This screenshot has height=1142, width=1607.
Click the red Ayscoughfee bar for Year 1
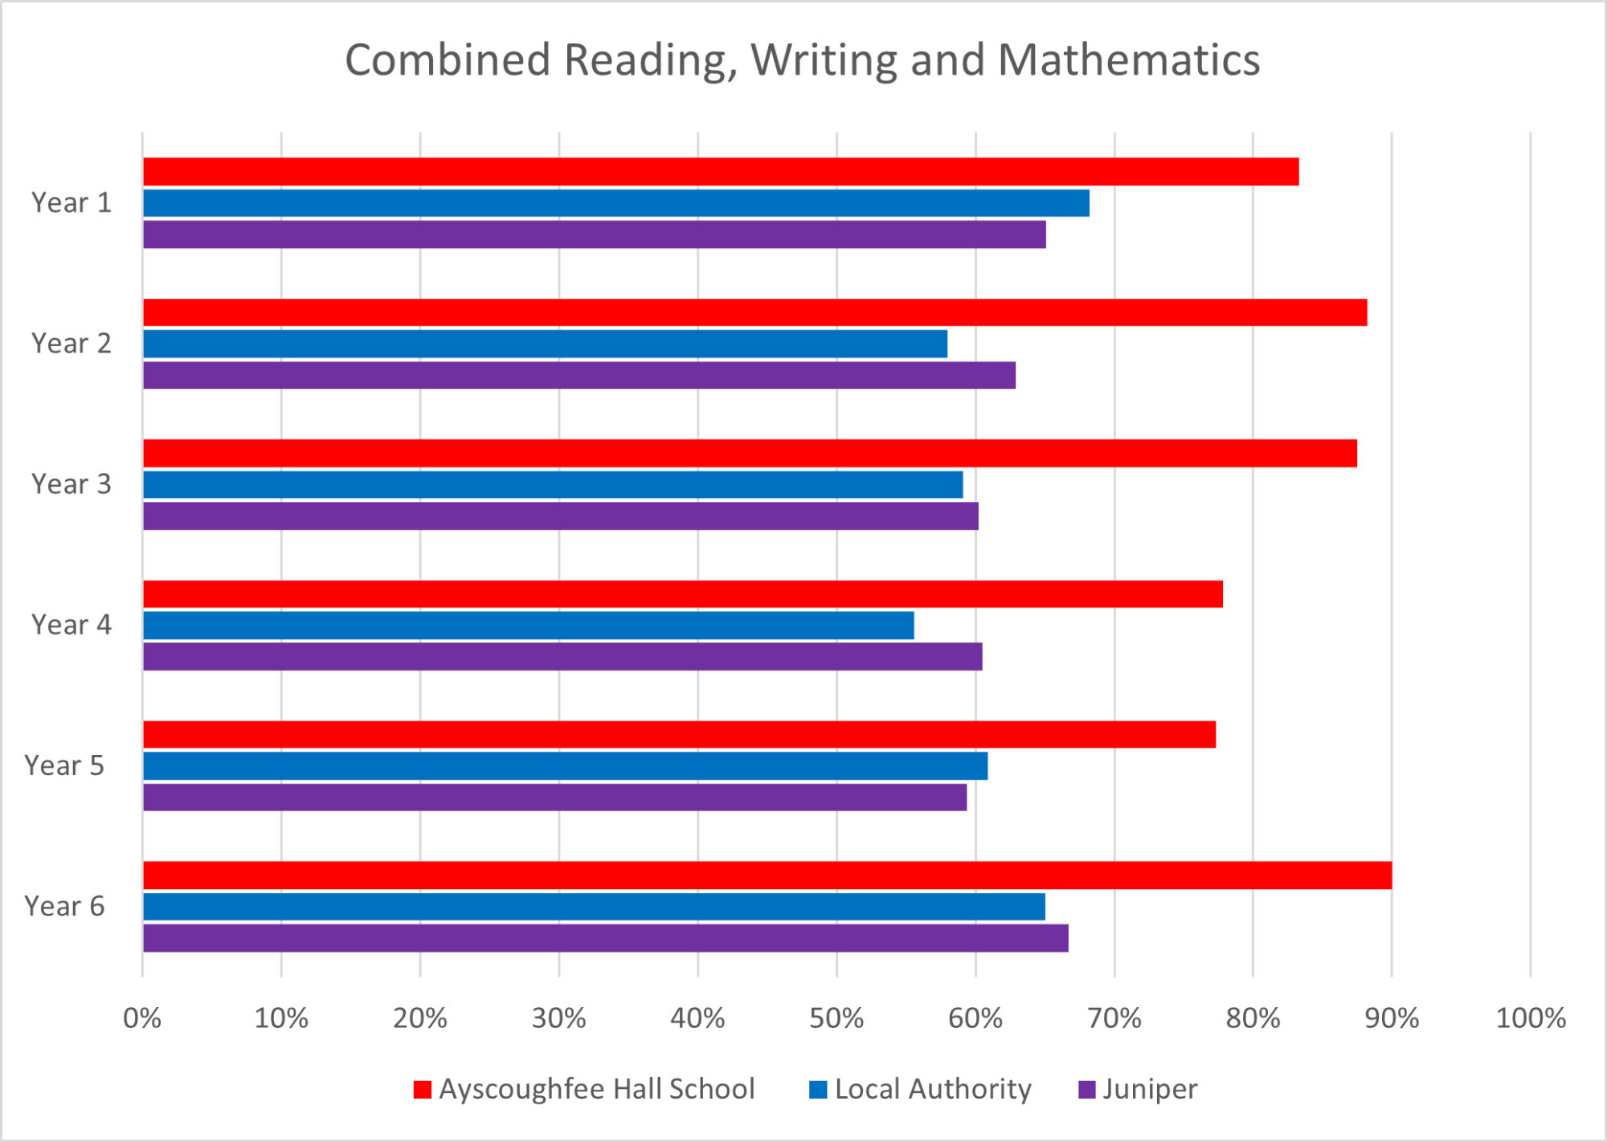[721, 172]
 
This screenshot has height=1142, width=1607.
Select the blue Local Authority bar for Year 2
[545, 344]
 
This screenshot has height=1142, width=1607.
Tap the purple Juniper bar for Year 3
[561, 516]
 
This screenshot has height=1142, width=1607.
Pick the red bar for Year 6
[767, 875]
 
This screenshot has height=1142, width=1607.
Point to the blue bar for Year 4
[529, 626]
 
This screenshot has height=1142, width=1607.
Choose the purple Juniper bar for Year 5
[554, 797]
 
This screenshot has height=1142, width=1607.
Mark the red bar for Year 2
[755, 312]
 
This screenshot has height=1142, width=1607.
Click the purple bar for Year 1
[595, 235]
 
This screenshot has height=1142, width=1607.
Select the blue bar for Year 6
[594, 907]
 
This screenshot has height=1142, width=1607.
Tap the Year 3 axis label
[71, 484]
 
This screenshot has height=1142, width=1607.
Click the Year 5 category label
[64, 766]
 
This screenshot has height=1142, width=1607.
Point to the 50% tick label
[836, 1019]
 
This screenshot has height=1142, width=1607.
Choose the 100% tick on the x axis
[1531, 1019]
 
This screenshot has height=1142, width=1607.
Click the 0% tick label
[142, 1019]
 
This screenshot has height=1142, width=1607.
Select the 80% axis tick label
[1253, 1019]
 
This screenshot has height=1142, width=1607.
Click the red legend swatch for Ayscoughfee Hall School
[422, 1090]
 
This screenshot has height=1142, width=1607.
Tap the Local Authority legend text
[933, 1090]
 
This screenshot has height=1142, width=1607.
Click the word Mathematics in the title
[1129, 60]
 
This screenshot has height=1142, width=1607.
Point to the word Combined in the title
[448, 60]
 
